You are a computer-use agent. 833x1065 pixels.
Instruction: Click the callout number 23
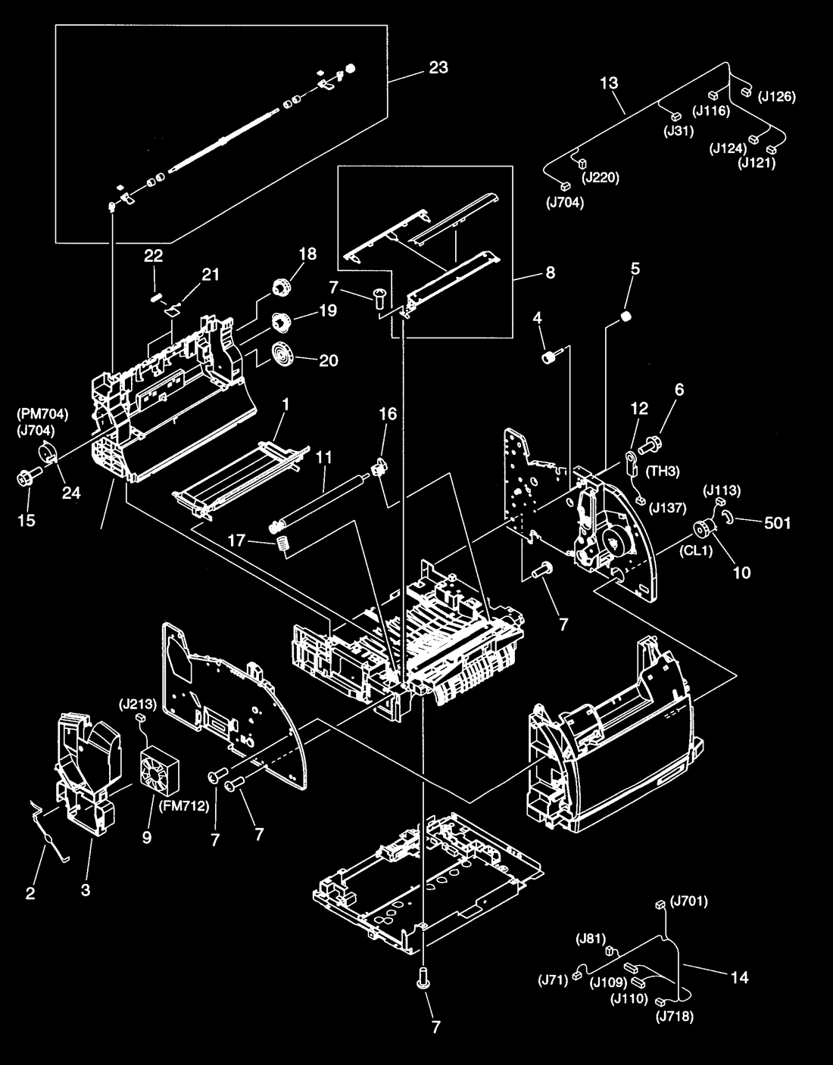pyautogui.click(x=438, y=67)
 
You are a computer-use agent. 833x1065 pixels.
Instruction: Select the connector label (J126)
pyautogui.click(x=777, y=97)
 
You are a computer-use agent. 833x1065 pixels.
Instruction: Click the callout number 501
pyautogui.click(x=778, y=523)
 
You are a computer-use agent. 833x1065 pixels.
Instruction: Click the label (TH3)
pyautogui.click(x=663, y=472)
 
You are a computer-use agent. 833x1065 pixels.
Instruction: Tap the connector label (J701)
pyautogui.click(x=689, y=901)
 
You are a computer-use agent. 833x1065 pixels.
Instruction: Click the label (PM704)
pyautogui.click(x=42, y=414)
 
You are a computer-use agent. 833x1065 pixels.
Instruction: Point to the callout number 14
pyautogui.click(x=740, y=978)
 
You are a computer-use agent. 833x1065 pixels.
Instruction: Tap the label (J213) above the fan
pyautogui.click(x=138, y=705)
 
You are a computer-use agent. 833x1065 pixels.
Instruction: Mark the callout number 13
pyautogui.click(x=609, y=83)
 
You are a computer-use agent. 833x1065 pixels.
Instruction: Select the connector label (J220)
pyautogui.click(x=601, y=177)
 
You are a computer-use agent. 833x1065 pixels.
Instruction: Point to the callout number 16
pyautogui.click(x=388, y=414)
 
